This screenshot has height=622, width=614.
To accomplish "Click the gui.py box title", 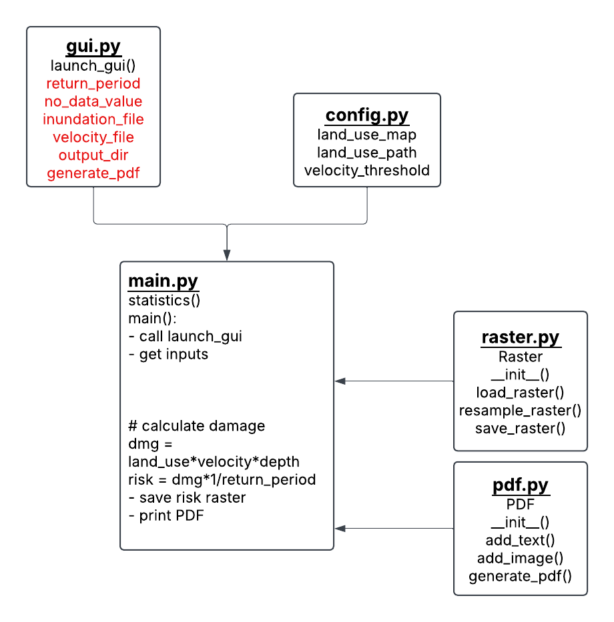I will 93,47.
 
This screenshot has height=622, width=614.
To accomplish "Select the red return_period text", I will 93,83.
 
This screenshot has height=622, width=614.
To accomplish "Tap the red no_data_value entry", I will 93,101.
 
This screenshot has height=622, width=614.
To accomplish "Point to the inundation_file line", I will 93,119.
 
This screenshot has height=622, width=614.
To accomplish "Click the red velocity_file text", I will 93,137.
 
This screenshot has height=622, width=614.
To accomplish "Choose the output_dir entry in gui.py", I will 93,155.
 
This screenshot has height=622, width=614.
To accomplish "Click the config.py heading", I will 367,115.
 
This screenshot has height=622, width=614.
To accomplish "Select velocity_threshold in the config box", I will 367,171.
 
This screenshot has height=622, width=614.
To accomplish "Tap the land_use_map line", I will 367,135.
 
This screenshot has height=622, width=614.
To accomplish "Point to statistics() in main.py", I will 164,299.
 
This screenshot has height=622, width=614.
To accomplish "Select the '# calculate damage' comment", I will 196,425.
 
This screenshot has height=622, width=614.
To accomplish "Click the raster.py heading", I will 521,337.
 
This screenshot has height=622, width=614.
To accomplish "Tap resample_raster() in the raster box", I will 521,410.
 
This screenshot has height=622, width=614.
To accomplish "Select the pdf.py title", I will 521,485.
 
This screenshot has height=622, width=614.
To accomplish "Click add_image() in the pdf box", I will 521,558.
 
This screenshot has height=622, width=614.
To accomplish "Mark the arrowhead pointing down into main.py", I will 227,255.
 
